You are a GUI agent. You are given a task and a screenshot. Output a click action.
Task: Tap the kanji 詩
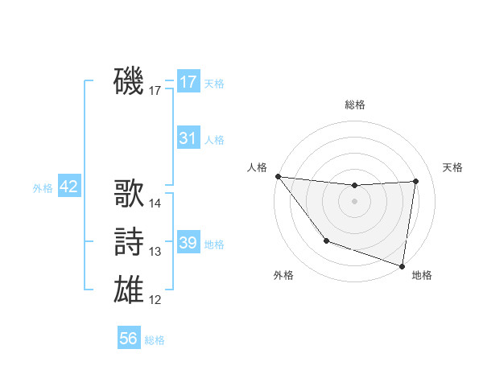tap(130, 242)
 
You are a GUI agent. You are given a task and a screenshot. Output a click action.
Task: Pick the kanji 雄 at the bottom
tap(130, 289)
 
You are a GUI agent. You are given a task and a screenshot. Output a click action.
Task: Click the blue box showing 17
tap(188, 82)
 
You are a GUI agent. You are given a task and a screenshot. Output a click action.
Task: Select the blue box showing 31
tap(188, 138)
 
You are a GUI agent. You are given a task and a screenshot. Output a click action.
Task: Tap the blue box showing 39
tap(188, 243)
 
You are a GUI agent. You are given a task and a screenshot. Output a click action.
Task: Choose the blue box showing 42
tap(68, 187)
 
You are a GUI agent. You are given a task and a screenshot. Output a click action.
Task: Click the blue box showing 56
tap(128, 339)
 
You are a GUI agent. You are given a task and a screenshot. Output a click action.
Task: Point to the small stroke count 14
tap(155, 203)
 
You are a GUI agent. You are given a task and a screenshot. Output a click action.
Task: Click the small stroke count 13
tap(155, 252)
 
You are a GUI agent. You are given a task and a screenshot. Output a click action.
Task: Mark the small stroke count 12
tap(155, 300)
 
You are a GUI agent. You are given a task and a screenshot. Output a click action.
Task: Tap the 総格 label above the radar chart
tap(355, 105)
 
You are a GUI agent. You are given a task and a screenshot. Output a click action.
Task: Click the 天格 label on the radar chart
tap(452, 167)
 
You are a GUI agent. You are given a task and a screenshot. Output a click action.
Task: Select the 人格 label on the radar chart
tap(257, 167)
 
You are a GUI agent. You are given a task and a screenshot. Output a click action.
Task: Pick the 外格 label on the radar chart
tap(283, 275)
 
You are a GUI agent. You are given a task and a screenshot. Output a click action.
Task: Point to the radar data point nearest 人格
tap(278, 176)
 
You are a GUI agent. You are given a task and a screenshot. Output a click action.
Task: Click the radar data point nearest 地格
tap(402, 265)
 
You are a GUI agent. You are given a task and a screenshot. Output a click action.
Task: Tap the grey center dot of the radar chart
tap(355, 201)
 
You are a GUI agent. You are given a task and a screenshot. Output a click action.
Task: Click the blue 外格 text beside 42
tap(43, 188)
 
